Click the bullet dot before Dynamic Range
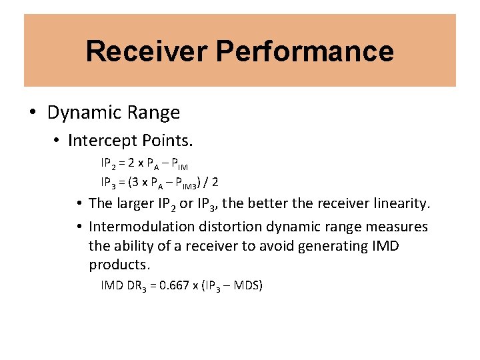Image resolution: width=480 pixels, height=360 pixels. click(33, 113)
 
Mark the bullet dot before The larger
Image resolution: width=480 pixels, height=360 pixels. click(79, 203)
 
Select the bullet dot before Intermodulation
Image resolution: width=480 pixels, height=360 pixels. click(79, 227)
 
